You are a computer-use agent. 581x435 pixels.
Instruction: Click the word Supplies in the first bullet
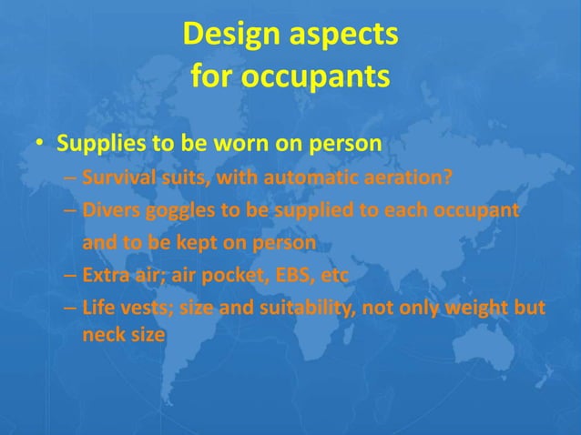pos(96,146)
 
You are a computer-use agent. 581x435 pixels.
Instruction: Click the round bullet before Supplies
pos(40,147)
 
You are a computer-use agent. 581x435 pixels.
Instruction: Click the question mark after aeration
pos(446,177)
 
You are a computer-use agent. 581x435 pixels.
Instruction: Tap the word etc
pos(333,277)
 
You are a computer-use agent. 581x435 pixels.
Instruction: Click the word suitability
pos(304,309)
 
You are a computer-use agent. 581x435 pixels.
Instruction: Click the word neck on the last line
pos(101,334)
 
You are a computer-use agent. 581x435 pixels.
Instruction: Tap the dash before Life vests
pos(71,309)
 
